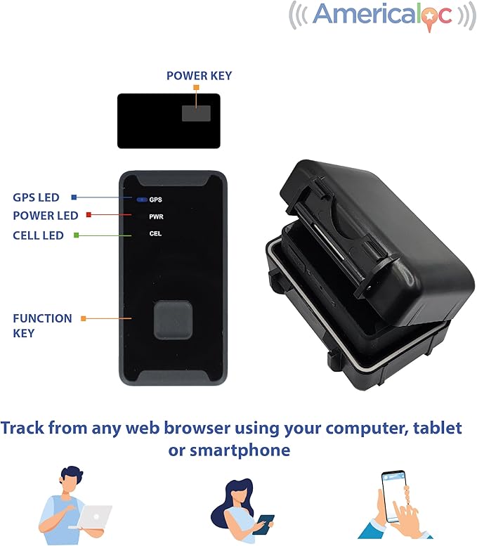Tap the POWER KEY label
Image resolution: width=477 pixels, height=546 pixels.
click(199, 75)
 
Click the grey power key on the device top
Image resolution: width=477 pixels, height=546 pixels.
click(195, 113)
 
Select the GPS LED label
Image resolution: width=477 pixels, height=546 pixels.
click(36, 197)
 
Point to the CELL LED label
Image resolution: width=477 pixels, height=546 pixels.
click(38, 235)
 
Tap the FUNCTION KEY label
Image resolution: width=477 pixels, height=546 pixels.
click(41, 325)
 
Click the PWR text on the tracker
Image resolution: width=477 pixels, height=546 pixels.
click(156, 216)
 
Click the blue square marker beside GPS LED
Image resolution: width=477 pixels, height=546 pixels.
click(74, 197)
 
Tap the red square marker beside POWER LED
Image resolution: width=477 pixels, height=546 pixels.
click(88, 215)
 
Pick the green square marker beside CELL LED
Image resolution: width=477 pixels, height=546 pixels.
click(77, 235)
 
